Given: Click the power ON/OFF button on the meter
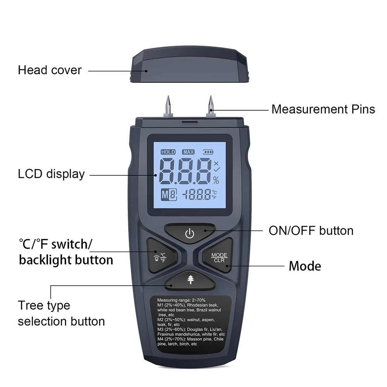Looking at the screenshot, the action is (190, 233).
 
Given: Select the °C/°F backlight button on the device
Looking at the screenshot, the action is (161, 256).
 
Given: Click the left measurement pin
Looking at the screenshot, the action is (168, 106).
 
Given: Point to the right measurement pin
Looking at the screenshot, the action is (211, 106).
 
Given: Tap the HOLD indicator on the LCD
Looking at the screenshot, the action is (168, 152).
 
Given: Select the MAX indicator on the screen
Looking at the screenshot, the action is (188, 152).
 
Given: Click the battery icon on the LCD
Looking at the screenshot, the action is (208, 152).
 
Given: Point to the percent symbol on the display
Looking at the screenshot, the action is (216, 180).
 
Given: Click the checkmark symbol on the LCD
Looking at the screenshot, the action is (217, 170).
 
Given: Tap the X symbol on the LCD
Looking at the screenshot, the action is (216, 163).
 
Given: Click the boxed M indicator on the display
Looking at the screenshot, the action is (169, 195).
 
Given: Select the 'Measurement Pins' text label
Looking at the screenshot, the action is (323, 110).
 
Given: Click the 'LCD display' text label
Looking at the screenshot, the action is (51, 174).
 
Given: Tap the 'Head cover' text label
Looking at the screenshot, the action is (50, 70).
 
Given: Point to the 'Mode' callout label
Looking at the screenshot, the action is (305, 266).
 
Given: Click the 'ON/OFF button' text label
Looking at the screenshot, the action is (311, 231).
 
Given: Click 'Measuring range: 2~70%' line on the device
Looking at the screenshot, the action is (182, 300).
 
